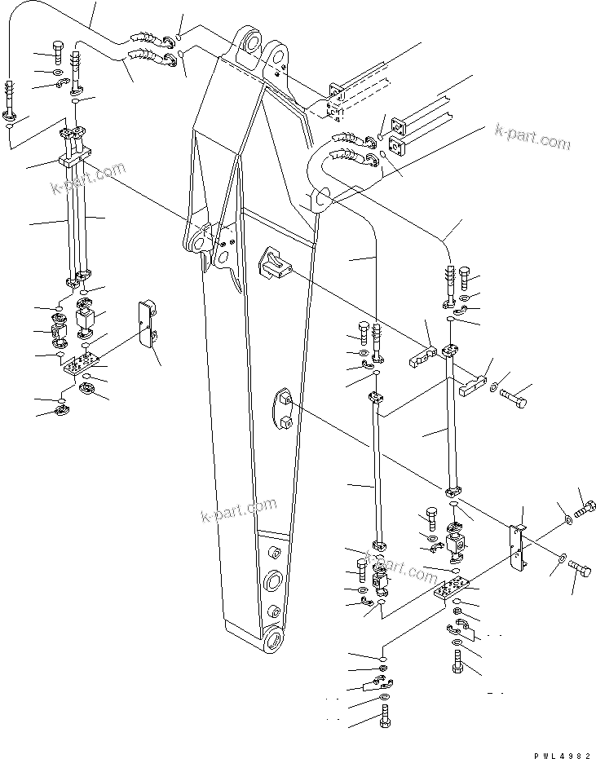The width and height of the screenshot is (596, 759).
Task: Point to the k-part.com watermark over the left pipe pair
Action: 88,179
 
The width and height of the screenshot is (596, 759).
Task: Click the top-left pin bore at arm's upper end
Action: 249,41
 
